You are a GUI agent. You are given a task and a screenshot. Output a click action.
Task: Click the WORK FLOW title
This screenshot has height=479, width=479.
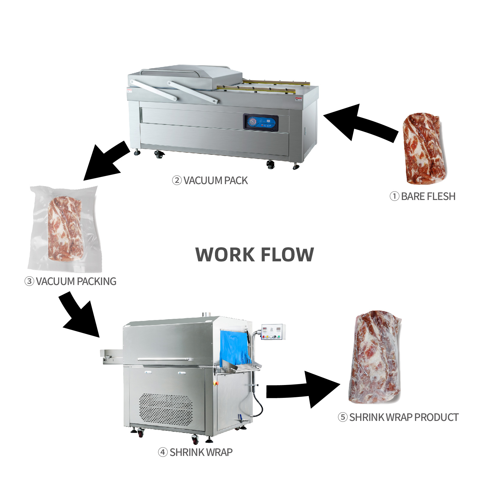coord(254,254)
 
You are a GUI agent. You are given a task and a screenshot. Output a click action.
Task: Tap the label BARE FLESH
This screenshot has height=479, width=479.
coord(428,196)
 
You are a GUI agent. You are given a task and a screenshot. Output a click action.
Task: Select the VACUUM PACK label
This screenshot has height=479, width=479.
coord(216,181)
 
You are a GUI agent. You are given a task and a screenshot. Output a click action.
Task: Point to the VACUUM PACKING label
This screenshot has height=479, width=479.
coord(76,281)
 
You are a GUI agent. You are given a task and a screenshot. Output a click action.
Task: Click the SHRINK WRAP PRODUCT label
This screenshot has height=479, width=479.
coord(404,417)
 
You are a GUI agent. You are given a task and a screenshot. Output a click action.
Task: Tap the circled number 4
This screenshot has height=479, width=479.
coord(163,452)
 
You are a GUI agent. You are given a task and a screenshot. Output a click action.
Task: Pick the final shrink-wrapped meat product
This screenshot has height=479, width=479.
coord(375,358)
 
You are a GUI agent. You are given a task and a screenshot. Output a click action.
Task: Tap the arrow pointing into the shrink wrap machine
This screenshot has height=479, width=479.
coord(81,317)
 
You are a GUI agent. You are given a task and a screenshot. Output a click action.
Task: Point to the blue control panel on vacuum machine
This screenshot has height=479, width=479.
coord(261,122)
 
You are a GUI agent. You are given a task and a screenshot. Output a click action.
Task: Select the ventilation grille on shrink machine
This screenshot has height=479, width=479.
coord(166,409)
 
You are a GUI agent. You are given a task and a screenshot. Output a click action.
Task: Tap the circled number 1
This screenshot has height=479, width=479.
coord(394,196)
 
